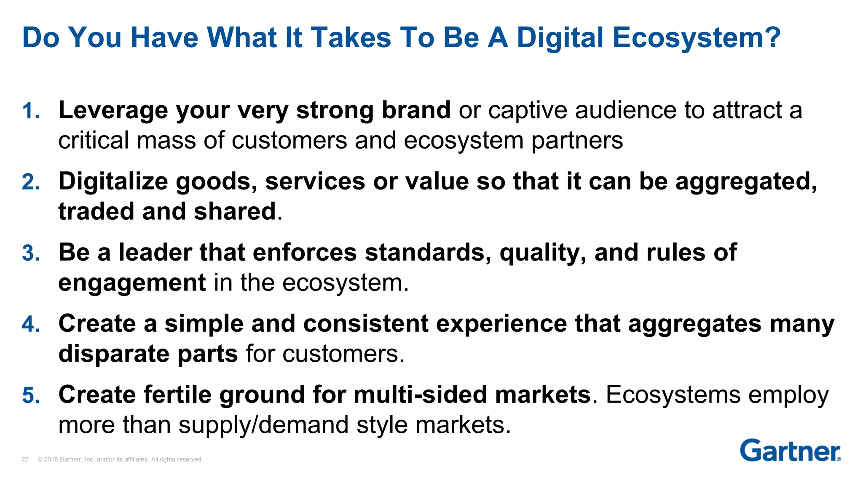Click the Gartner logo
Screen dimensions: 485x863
(x=790, y=451)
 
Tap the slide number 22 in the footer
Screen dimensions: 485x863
(x=25, y=459)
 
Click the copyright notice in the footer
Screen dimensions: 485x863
(x=120, y=459)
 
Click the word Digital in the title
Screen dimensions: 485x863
(x=560, y=38)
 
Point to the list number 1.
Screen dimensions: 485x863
(x=30, y=111)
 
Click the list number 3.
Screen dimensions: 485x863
(x=30, y=253)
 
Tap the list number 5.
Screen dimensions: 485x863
(x=30, y=396)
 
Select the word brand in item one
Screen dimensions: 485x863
(x=416, y=110)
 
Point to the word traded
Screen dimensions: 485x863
(x=96, y=211)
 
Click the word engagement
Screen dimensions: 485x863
(x=132, y=283)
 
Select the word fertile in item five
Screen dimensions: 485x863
(x=177, y=395)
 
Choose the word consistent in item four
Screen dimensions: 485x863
(x=366, y=324)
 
